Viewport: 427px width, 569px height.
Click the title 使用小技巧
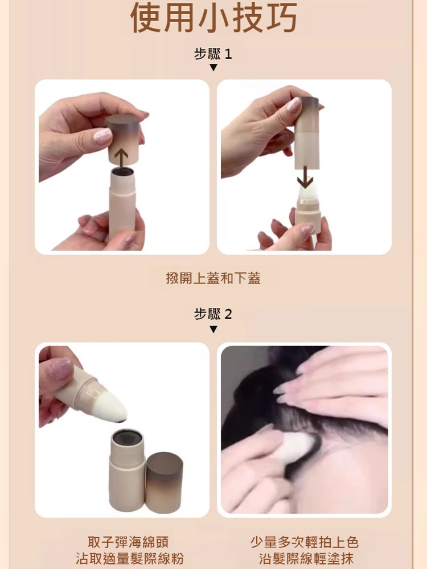coord(213,18)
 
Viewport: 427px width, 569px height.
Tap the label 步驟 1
coord(213,54)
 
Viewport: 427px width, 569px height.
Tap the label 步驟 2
coord(213,314)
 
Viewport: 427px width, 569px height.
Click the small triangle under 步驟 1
coord(213,68)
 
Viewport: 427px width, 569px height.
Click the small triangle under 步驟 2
coord(213,329)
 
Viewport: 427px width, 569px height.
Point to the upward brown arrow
coord(121,159)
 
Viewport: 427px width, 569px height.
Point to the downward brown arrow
coord(305,177)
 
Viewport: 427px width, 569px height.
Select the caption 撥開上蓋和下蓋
coord(213,278)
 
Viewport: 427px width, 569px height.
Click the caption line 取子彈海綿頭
coord(128,542)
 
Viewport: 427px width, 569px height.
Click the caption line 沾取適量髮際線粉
coord(129,558)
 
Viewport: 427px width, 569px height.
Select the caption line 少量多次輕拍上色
coord(304,542)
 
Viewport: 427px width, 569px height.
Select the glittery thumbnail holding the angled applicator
coord(60,369)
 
